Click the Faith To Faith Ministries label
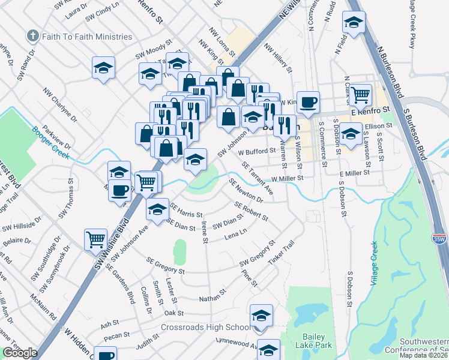point(86,37)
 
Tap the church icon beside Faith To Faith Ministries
point(32,37)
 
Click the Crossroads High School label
point(205,328)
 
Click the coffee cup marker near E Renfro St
point(308,103)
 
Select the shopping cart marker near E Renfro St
point(360,95)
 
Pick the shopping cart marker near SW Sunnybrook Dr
point(95,240)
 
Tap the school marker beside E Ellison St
point(351,133)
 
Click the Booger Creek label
point(52,143)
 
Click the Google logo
point(20,353)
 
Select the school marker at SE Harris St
point(157,210)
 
